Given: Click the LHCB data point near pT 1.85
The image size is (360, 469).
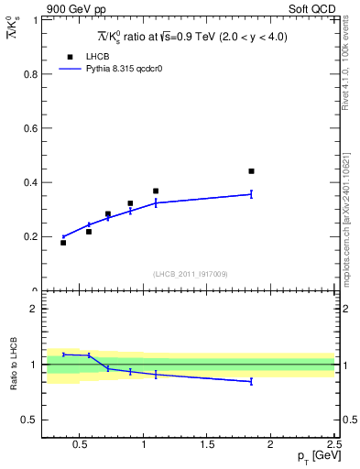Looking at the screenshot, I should [251, 171].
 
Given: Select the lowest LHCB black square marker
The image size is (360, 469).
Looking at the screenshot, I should [63, 243].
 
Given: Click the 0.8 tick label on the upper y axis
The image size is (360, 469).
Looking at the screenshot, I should [30, 74].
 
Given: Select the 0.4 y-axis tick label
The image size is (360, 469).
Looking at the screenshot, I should [30, 182].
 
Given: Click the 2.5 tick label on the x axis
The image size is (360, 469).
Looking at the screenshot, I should [333, 445].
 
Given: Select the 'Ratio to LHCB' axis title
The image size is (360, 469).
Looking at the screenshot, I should [13, 365].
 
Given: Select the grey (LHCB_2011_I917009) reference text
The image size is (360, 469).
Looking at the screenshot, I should [191, 273].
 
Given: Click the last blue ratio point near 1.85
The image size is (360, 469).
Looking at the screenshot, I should [251, 381].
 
